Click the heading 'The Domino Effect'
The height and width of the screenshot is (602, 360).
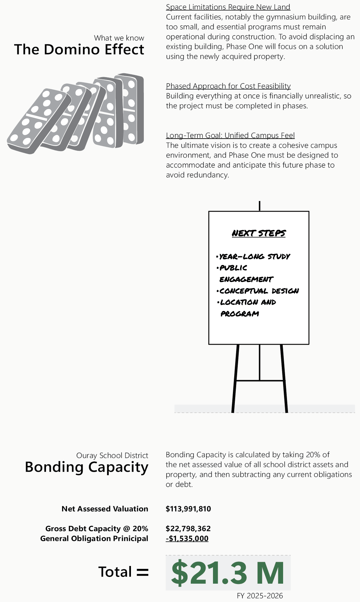tap(79, 50)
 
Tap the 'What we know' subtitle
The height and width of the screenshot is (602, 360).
tap(119, 38)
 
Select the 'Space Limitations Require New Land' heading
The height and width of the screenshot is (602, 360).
tap(228, 7)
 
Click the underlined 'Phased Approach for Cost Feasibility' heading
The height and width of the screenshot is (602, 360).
tap(228, 86)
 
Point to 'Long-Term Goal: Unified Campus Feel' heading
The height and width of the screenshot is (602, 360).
tap(230, 135)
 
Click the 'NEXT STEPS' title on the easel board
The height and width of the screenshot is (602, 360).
tap(259, 233)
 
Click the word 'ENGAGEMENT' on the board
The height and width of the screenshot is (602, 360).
tap(246, 279)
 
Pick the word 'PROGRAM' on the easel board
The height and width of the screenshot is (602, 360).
tap(240, 314)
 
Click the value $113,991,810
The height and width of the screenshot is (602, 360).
tap(188, 509)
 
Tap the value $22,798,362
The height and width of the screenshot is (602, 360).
tap(188, 528)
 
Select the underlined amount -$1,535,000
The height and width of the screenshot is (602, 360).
tap(187, 538)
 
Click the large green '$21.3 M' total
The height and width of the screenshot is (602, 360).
tap(227, 573)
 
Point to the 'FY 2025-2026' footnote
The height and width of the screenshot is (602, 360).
tap(260, 596)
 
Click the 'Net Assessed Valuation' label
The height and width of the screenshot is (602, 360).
tap(105, 509)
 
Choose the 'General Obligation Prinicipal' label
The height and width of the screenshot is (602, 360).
tap(94, 538)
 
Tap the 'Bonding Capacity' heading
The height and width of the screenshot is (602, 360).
tap(87, 467)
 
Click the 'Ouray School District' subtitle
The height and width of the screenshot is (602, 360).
tap(112, 455)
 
